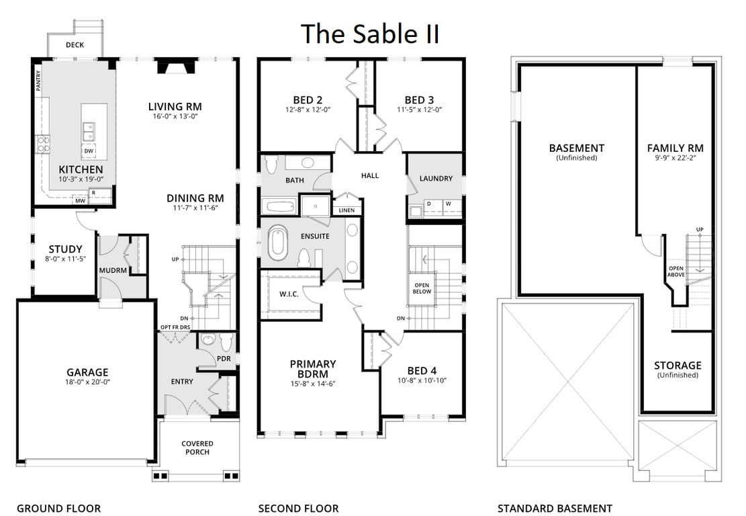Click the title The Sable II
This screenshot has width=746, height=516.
370,34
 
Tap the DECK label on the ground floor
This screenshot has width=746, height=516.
75,46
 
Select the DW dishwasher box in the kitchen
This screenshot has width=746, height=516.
89,151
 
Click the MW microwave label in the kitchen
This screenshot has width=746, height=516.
80,200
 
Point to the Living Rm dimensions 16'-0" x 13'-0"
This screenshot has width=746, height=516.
175,116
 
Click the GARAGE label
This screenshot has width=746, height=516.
87,372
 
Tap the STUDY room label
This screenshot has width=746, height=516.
65,249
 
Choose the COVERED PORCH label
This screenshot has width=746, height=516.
197,447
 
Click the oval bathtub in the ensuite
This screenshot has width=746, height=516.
277,243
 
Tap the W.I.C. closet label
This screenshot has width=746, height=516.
289,294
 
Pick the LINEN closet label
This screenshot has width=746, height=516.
346,210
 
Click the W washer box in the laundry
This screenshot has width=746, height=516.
448,204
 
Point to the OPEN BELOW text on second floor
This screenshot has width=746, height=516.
421,288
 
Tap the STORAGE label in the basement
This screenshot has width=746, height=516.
678,365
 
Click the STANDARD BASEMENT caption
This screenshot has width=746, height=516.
555,509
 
